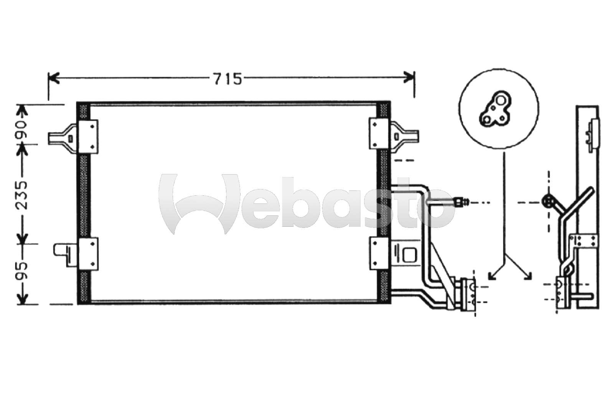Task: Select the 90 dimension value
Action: click(x=22, y=130)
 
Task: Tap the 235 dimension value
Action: click(x=22, y=195)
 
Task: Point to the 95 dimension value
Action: click(x=22, y=270)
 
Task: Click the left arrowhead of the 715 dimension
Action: click(x=54, y=78)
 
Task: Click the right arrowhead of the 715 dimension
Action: click(x=409, y=78)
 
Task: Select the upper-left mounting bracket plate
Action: click(x=88, y=136)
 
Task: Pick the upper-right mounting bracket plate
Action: click(x=379, y=134)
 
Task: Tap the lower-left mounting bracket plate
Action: click(x=88, y=254)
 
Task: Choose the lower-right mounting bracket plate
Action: click(x=380, y=253)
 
